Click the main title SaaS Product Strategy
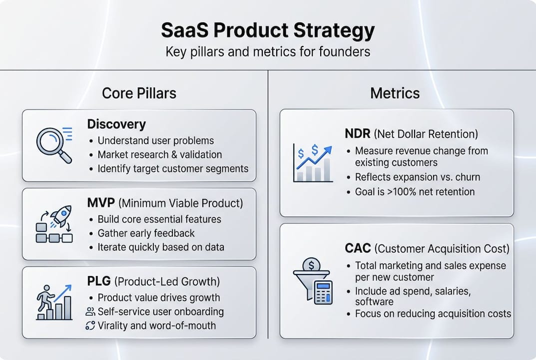click(268, 31)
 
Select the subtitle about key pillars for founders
click(268, 51)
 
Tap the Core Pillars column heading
click(139, 93)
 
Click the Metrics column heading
click(395, 93)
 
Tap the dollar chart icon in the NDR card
click(313, 162)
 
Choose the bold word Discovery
click(116, 124)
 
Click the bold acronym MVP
click(101, 203)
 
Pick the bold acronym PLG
click(99, 281)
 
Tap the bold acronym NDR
click(358, 134)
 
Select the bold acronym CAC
click(358, 248)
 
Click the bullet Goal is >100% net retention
click(415, 191)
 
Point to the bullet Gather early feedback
click(146, 233)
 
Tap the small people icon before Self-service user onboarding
click(90, 312)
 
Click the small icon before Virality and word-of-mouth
click(90, 325)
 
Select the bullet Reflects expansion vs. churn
click(417, 177)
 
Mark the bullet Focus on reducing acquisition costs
click(433, 314)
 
